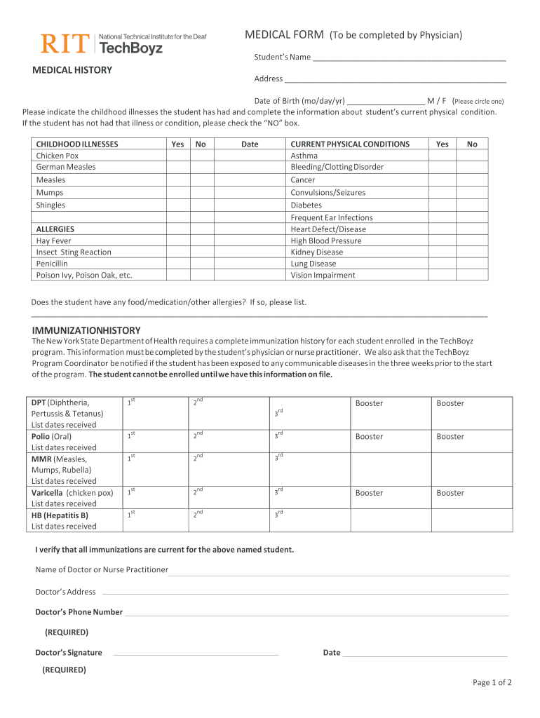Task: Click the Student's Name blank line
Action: tap(410, 57)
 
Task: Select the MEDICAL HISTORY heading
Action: tap(72, 70)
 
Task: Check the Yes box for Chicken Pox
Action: tap(177, 156)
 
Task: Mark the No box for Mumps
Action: tap(201, 192)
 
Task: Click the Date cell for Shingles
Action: tap(250, 205)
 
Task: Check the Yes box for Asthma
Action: tap(442, 156)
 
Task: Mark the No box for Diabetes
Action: tap(472, 205)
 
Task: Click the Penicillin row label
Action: tap(52, 264)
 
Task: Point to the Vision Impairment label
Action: tap(323, 276)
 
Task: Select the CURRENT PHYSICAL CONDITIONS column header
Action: tap(350, 144)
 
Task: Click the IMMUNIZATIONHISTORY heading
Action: tap(86, 330)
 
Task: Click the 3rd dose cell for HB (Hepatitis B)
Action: tap(309, 521)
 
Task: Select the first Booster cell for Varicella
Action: tap(390, 497)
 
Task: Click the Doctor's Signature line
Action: tap(196, 653)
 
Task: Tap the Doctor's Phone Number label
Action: tap(79, 612)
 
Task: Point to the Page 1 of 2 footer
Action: tap(492, 682)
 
